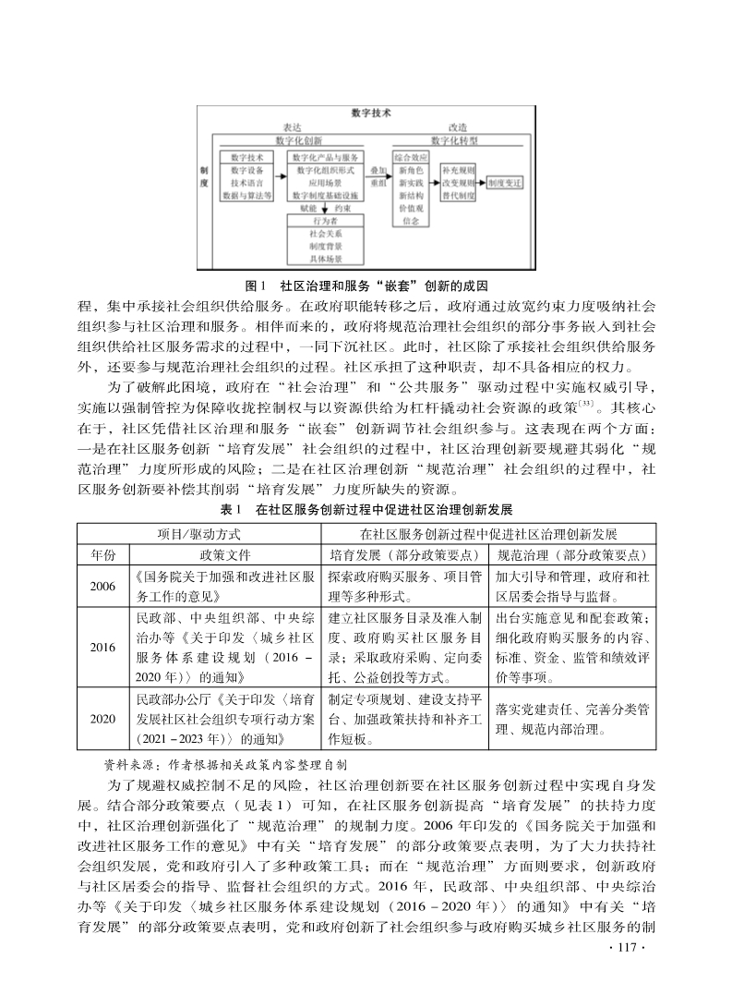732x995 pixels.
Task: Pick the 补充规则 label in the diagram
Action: coord(458,172)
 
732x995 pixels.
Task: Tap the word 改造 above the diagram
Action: coord(457,127)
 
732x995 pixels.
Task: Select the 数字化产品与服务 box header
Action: coord(324,158)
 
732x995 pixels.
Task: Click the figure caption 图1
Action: coord(257,283)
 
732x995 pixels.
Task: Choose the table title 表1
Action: coord(231,509)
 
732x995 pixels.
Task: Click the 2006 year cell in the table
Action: coord(103,586)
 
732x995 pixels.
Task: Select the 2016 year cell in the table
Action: coord(103,647)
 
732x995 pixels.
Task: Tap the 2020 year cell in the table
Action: coord(103,717)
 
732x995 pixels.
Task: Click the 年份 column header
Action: coord(103,555)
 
